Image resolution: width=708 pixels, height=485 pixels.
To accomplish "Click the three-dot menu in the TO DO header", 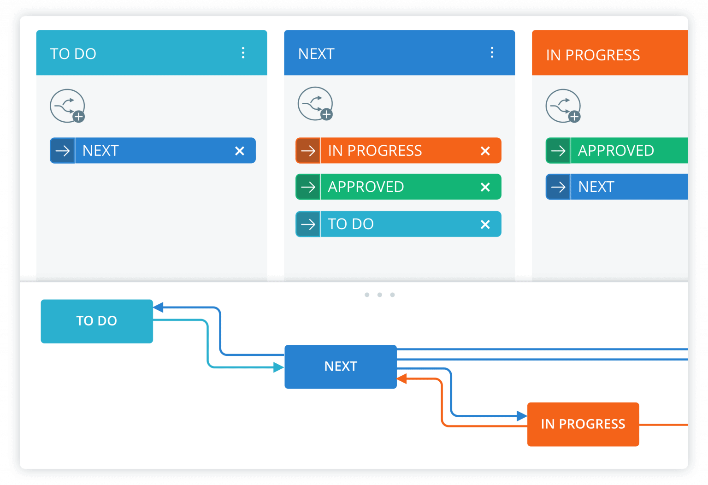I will [243, 53].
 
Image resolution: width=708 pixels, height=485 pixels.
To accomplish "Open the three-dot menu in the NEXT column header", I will [492, 53].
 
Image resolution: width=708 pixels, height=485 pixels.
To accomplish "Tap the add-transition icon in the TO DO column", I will [67, 106].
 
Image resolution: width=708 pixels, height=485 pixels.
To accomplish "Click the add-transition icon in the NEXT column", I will [315, 104].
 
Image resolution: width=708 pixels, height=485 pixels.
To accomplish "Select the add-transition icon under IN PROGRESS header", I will [563, 106].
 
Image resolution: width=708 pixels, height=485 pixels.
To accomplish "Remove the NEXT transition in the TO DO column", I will [239, 151].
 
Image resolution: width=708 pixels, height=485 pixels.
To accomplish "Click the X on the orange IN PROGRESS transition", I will [485, 151].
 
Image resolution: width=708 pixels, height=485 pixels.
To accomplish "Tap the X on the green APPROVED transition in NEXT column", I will [485, 187].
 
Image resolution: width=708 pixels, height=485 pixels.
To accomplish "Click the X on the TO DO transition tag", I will [485, 225].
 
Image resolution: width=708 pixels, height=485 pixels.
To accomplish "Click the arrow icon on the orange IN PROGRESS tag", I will [308, 151].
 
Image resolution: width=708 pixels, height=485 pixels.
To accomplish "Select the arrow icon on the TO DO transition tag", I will [308, 225].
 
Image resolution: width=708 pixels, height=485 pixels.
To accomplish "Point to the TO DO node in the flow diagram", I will [97, 321].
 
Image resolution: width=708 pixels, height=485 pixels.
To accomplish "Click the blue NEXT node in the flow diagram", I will [341, 367].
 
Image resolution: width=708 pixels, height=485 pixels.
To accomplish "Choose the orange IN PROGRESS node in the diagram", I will [583, 424].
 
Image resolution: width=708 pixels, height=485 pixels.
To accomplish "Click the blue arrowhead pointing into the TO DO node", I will [159, 308].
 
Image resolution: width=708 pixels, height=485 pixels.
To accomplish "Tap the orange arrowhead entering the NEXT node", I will [402, 379].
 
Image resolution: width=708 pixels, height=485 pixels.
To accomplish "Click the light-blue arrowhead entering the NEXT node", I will [278, 367].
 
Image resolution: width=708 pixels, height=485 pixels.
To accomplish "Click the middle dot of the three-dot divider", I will [379, 295].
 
